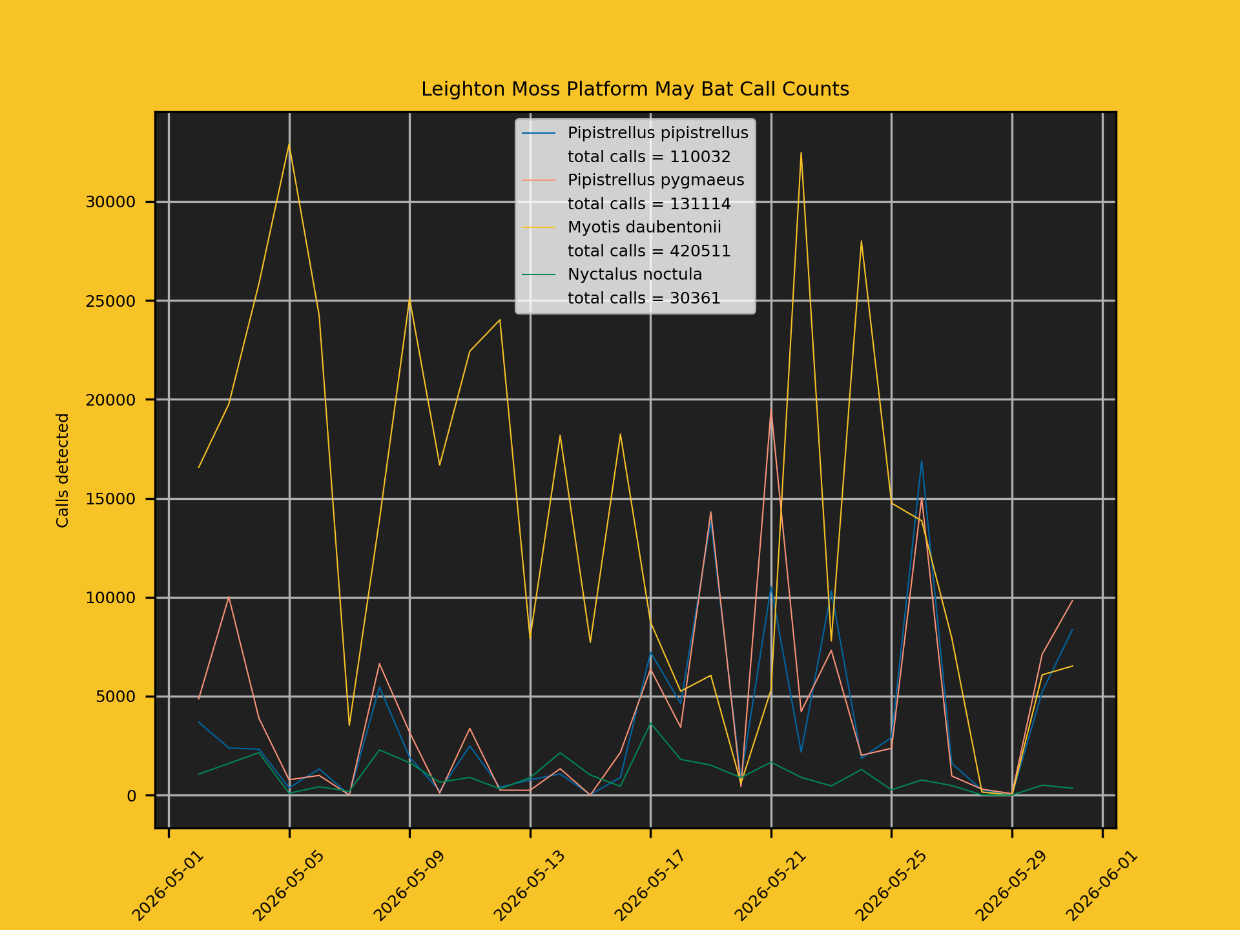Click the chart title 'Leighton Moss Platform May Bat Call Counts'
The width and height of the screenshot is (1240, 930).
point(635,89)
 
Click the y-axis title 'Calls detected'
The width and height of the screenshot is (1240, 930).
point(63,470)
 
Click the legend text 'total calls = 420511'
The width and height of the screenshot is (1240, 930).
point(649,251)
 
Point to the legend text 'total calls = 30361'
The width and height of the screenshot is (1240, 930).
point(644,298)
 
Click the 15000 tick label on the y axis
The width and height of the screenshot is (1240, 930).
point(110,499)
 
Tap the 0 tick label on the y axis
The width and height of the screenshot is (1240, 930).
point(132,796)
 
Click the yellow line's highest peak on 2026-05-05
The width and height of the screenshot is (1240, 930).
point(289,143)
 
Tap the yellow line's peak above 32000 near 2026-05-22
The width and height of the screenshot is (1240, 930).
point(801,152)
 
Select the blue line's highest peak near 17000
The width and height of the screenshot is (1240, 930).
point(922,460)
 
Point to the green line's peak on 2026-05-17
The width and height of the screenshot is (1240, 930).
point(650,723)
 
